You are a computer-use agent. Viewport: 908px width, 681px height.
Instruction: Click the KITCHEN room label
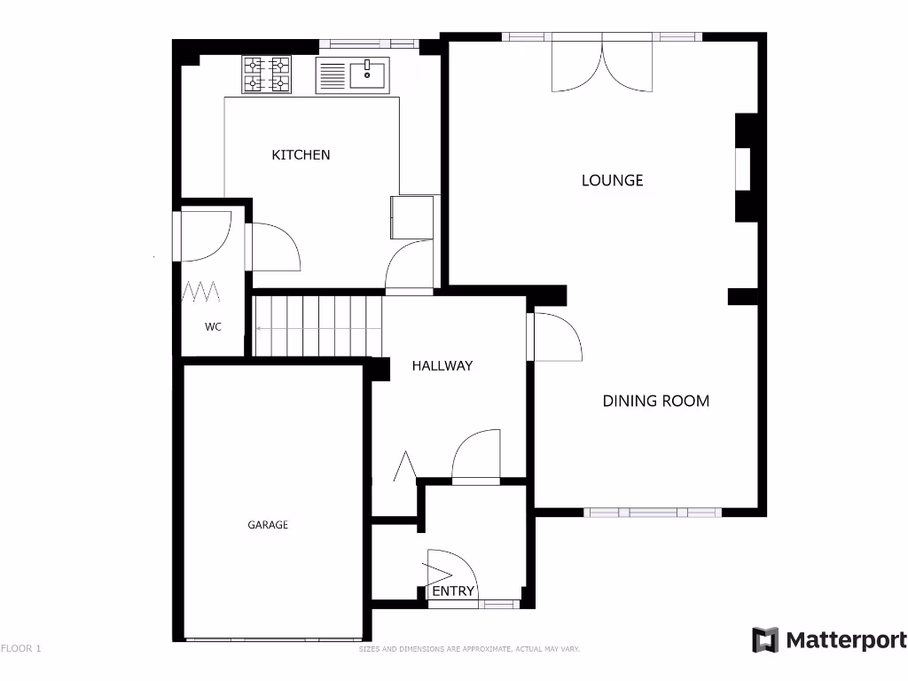tap(301, 155)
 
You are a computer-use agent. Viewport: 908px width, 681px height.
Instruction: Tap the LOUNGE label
tap(612, 180)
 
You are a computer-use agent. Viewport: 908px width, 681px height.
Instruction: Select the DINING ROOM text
tap(655, 401)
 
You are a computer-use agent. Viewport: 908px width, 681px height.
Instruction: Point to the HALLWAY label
tap(442, 365)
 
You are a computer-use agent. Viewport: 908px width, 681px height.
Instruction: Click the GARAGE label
tap(267, 525)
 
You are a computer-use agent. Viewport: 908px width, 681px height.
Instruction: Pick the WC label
tap(213, 326)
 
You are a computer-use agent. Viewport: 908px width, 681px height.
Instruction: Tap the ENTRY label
tap(453, 591)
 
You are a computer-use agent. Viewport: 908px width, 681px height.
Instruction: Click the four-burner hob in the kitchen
tap(267, 74)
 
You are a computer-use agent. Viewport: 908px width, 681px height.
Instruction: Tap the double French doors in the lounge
tap(603, 67)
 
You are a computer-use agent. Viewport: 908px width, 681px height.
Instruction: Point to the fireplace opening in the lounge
tap(742, 168)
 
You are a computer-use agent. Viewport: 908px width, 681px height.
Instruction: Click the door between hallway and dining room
tap(554, 338)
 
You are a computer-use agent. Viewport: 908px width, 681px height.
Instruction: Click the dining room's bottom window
tap(653, 513)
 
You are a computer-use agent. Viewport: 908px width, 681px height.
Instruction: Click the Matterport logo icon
tap(765, 640)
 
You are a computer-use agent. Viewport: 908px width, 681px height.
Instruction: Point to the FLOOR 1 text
tap(21, 648)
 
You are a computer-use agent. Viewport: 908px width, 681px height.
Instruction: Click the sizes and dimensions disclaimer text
tap(469, 649)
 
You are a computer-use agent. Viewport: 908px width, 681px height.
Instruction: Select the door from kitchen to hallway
tap(409, 266)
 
